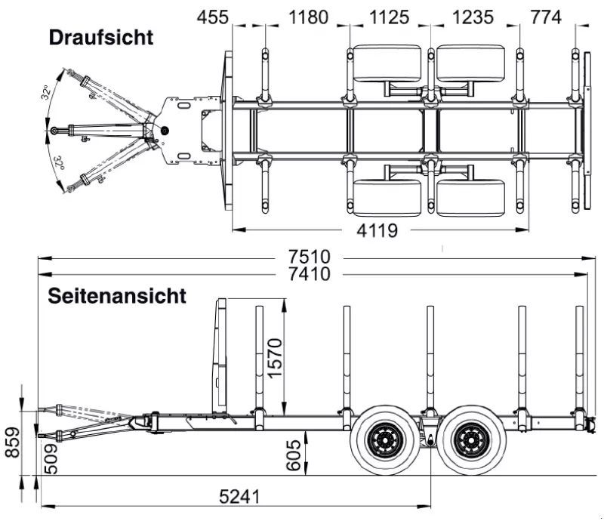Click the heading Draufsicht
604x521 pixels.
click(101, 38)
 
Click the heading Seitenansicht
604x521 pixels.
click(117, 296)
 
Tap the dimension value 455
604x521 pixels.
click(213, 17)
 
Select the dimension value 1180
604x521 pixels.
click(308, 17)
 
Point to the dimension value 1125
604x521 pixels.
click(389, 17)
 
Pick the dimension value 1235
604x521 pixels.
click(473, 17)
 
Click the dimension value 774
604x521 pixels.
click(546, 17)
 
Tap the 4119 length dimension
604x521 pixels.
click(377, 230)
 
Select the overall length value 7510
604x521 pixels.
click(310, 257)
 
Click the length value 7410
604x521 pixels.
click(310, 274)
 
